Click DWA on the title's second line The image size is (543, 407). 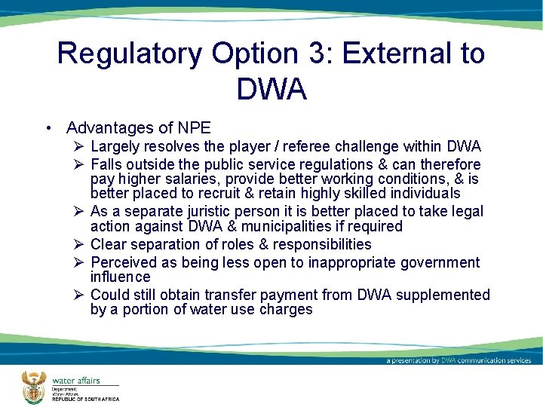click(x=271, y=90)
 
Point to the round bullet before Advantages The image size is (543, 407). click(x=48, y=128)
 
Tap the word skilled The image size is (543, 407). click(x=364, y=193)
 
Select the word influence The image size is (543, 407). click(x=121, y=277)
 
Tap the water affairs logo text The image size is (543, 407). click(x=76, y=381)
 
